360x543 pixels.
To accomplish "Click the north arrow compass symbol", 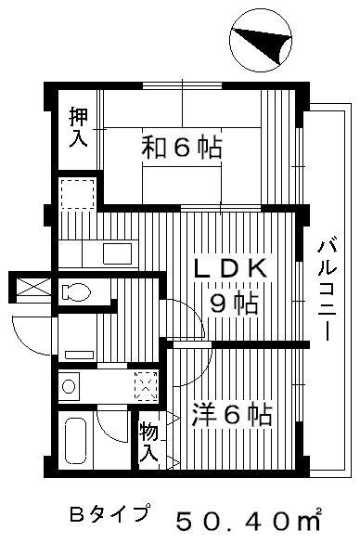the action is [261, 40].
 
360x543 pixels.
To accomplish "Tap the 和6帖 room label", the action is [181, 148].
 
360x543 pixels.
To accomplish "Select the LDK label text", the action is [231, 268].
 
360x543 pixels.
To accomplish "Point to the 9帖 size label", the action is [235, 304].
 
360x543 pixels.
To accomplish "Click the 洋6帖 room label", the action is [232, 414].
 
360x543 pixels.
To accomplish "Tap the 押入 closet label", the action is [78, 127].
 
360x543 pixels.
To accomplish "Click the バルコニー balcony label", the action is [327, 291].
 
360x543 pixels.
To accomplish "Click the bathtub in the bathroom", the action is [75, 441].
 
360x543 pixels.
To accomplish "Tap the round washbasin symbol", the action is [69, 386].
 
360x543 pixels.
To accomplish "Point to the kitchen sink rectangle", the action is [118, 253].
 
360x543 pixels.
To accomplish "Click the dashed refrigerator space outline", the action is [78, 194].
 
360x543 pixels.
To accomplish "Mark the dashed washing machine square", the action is [147, 386].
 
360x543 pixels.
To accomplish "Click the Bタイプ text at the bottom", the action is [110, 514].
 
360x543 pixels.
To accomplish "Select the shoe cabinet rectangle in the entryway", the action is [79, 355].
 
